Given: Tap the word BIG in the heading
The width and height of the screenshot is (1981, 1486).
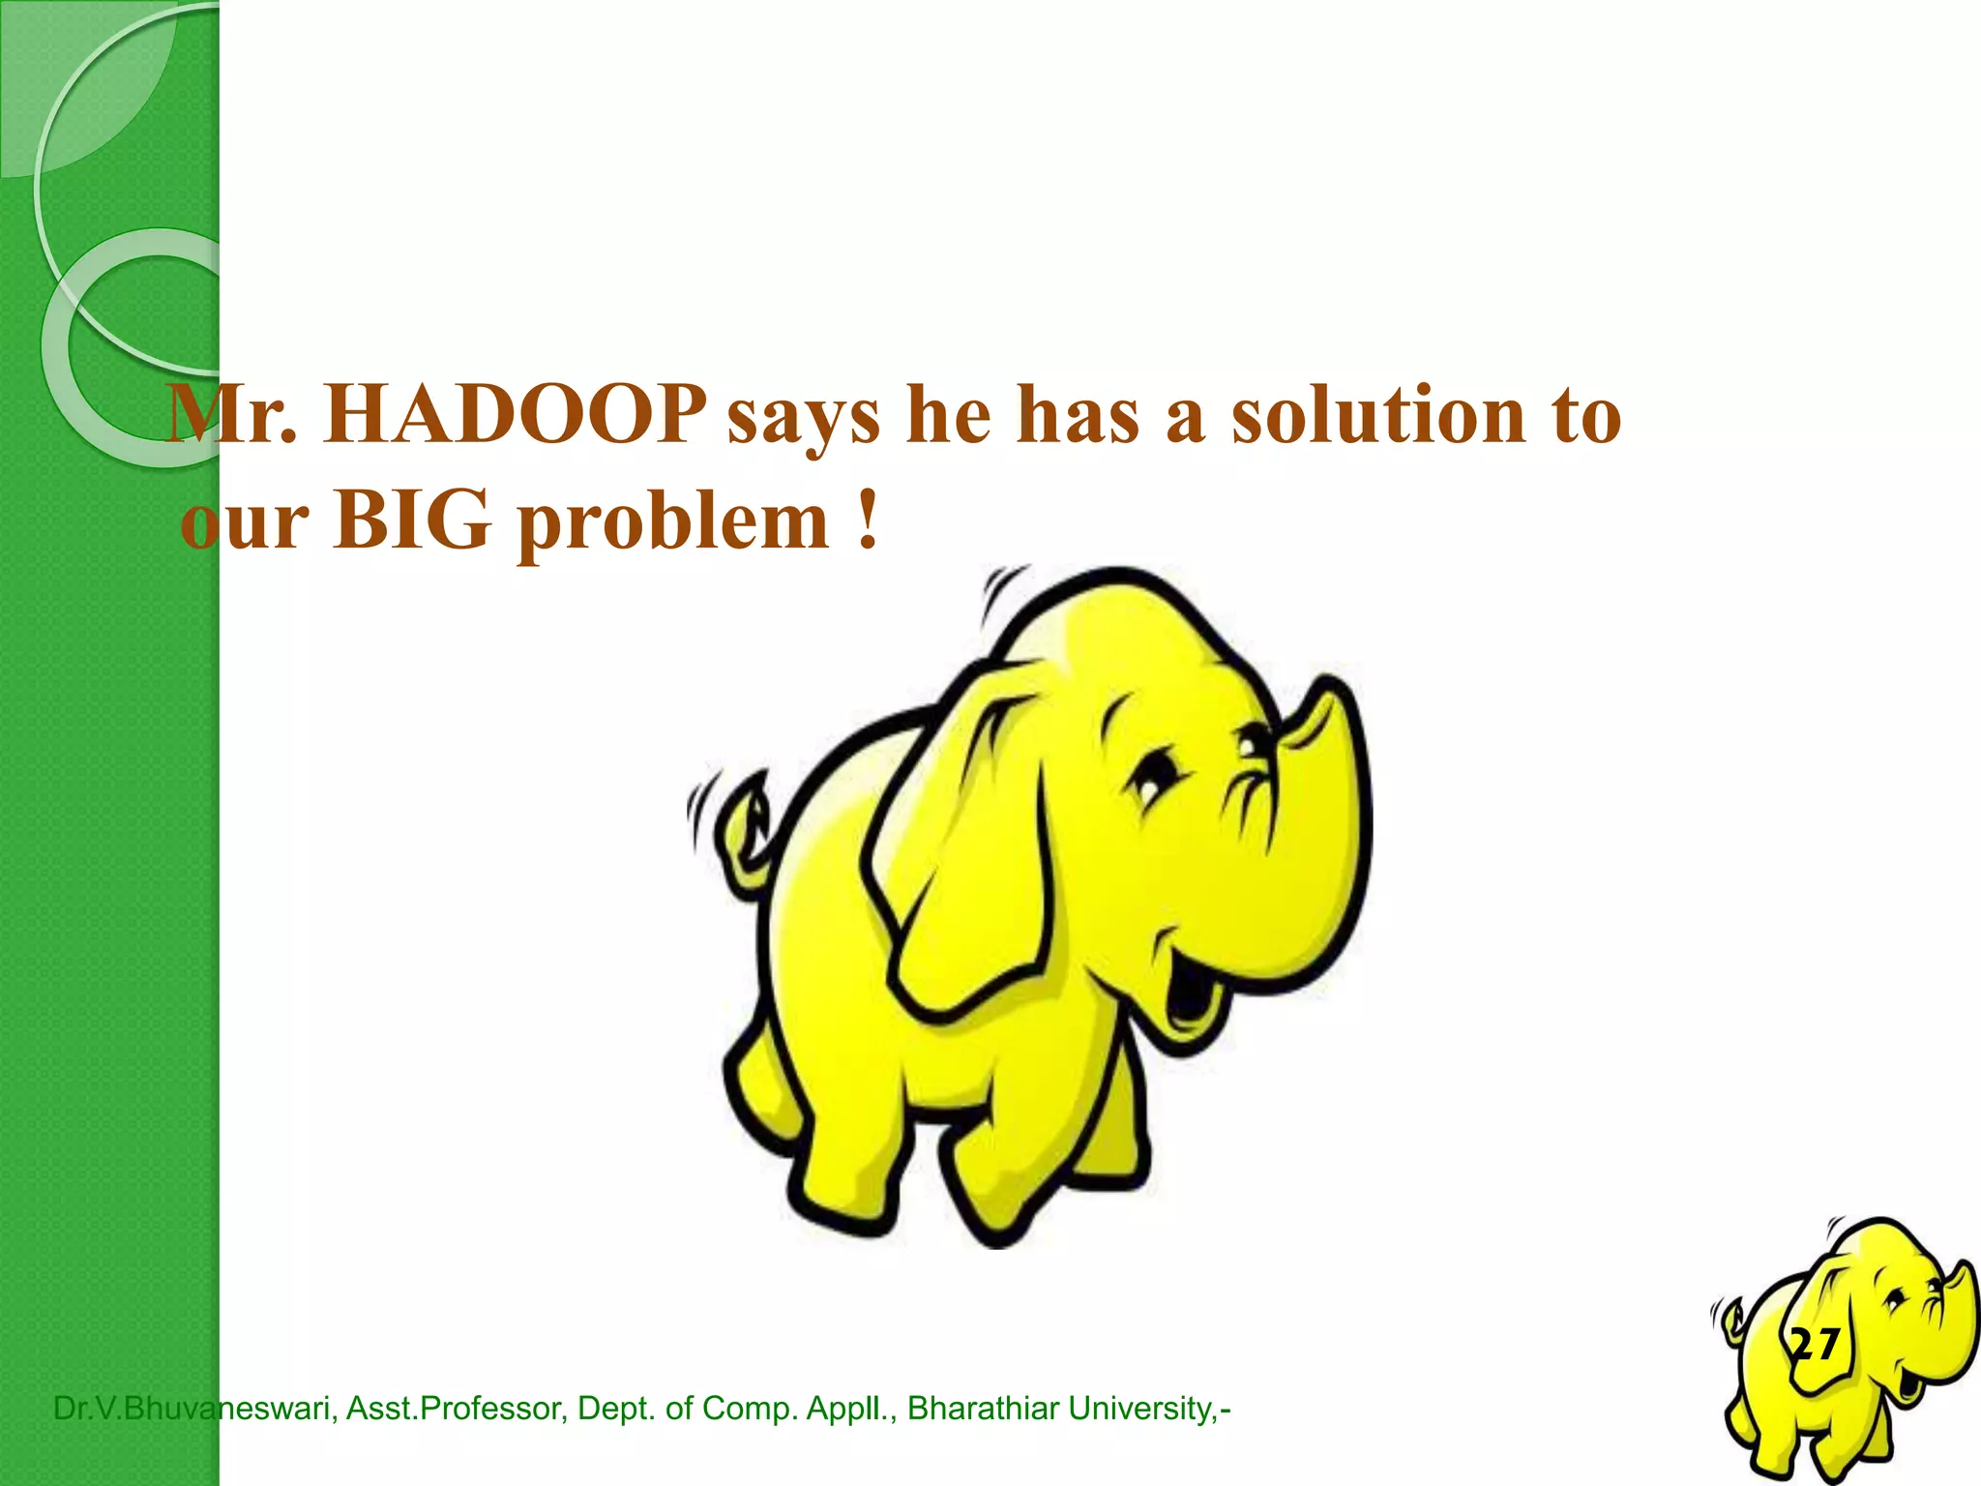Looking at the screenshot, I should (x=412, y=522).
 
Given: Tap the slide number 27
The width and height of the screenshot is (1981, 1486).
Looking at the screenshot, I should (x=1815, y=1345).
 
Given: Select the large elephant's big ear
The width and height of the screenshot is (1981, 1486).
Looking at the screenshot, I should (x=967, y=851).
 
